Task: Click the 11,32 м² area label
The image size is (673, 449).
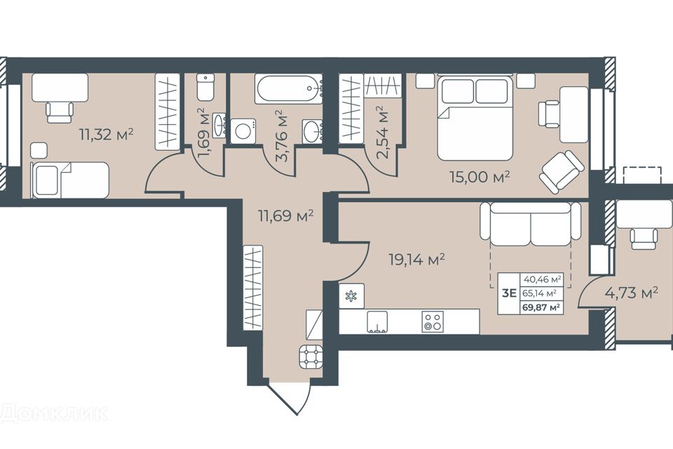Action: click(107, 135)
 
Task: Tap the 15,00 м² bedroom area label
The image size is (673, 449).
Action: click(480, 176)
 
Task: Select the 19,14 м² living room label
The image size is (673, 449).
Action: click(416, 260)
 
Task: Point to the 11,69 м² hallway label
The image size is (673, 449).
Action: click(285, 215)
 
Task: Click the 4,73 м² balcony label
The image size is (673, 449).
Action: click(632, 293)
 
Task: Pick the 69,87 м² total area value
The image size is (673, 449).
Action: click(541, 307)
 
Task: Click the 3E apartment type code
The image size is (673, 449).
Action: click(509, 293)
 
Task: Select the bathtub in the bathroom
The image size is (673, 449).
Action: click(288, 89)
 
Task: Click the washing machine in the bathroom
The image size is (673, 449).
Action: click(243, 131)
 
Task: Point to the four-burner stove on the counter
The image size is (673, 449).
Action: click(433, 321)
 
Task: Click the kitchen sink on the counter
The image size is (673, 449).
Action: click(377, 322)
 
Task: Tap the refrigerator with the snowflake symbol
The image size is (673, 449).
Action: click(351, 295)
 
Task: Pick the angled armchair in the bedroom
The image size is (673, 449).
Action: click(562, 171)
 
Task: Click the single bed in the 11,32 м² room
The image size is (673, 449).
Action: click(70, 180)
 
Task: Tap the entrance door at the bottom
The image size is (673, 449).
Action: click(283, 398)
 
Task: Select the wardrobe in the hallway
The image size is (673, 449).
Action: click(253, 288)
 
